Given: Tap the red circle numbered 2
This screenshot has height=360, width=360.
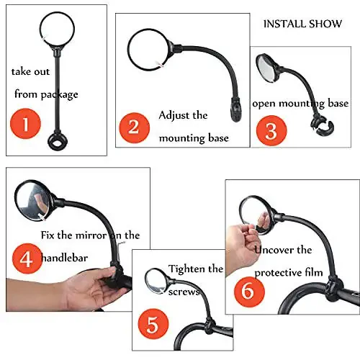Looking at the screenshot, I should click(134, 127).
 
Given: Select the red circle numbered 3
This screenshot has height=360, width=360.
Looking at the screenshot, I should click(270, 130).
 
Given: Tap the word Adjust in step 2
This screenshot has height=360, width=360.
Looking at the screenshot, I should click(173, 115).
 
